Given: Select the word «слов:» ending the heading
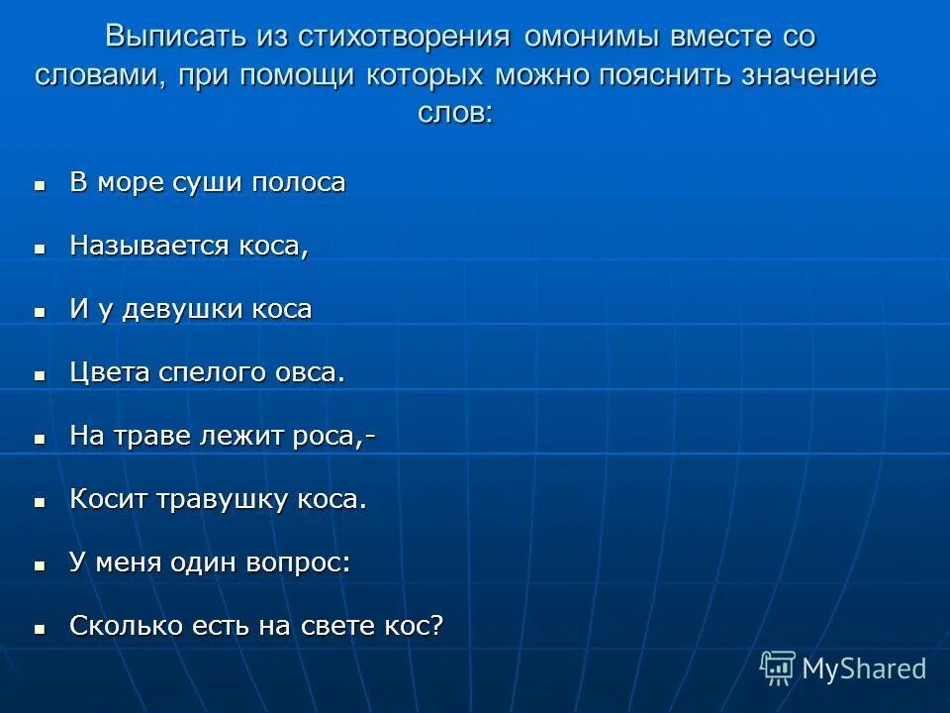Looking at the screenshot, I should [454, 112].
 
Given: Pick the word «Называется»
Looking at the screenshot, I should [149, 246].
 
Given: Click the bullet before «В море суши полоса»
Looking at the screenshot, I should [41, 185].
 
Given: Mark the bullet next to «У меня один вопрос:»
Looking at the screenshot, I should [41, 565].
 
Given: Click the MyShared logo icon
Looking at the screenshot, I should [777, 668].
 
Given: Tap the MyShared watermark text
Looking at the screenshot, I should [863, 669].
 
